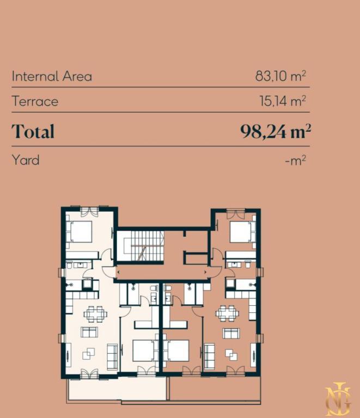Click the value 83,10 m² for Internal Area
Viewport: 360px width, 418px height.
280,76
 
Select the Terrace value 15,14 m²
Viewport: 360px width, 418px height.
283,101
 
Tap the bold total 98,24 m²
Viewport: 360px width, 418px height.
276,131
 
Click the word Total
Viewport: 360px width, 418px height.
33,131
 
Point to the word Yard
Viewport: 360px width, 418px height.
26,160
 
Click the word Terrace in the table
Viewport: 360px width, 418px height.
35,101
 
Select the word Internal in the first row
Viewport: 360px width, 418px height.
35,76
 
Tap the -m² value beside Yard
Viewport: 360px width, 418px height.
295,161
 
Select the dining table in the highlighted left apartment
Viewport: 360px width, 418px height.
95,313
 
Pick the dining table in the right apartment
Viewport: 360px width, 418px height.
227,313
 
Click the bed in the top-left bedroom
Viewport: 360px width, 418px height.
80,232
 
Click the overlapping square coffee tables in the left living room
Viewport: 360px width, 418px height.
88,353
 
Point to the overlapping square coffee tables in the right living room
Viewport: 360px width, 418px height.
231,354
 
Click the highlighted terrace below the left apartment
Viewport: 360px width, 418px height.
117,389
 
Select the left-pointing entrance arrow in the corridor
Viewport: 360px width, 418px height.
118,272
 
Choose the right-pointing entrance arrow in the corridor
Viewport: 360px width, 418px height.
206,272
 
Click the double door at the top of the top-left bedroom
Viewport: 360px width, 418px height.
89,211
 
